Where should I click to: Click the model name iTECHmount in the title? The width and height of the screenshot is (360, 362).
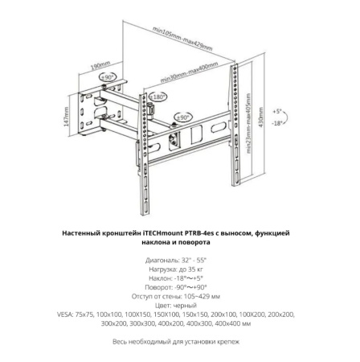[153, 232]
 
